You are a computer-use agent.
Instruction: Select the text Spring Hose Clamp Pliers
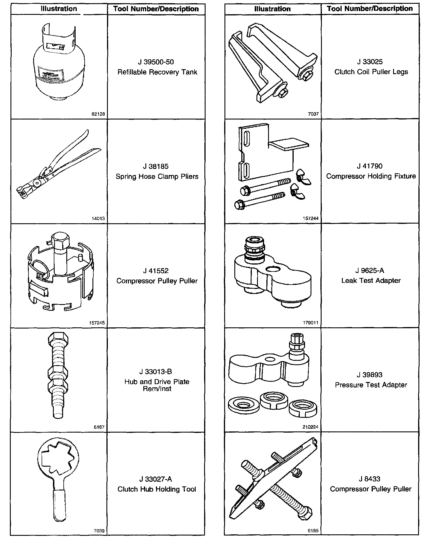[157, 176]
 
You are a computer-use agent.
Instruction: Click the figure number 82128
[98, 114]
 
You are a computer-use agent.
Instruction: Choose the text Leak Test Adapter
[371, 281]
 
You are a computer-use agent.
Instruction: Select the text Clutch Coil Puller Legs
[371, 72]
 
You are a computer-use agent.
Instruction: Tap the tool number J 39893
[370, 375]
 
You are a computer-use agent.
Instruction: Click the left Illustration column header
[59, 9]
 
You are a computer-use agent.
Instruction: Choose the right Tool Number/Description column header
[370, 9]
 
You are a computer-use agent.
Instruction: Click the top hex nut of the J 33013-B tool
[58, 338]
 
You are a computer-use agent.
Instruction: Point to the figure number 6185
[313, 531]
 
